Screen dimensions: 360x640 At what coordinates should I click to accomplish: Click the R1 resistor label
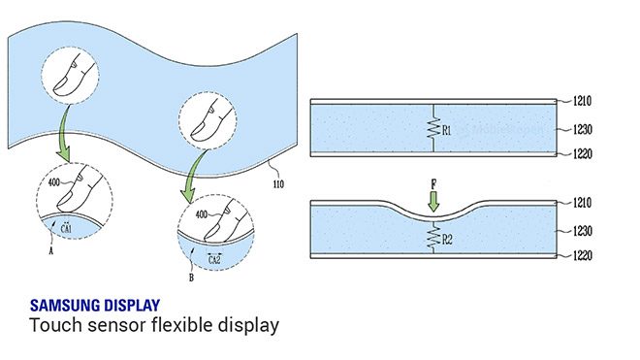tap(446, 127)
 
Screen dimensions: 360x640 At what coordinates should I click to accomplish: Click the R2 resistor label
tap(446, 234)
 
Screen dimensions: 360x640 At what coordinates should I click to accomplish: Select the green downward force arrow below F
tap(433, 201)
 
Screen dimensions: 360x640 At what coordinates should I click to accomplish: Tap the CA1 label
tap(66, 226)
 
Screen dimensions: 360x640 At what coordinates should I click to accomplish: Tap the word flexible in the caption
tap(181, 325)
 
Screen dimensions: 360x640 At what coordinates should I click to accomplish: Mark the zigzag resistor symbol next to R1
tap(432, 127)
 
